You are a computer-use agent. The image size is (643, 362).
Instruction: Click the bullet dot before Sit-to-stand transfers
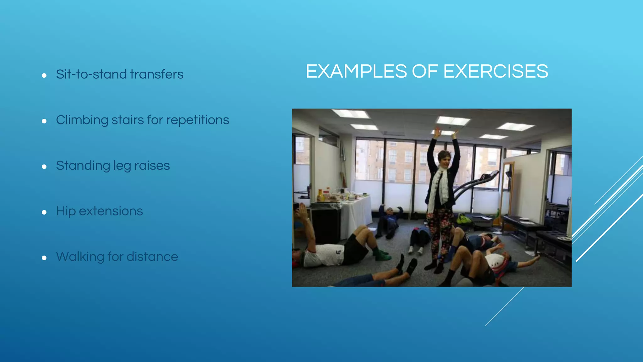(44, 75)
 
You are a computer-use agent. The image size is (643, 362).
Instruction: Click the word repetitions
(197, 120)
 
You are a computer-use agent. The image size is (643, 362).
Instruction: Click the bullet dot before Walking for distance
(44, 258)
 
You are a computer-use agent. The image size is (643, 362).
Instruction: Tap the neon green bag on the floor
(463, 219)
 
